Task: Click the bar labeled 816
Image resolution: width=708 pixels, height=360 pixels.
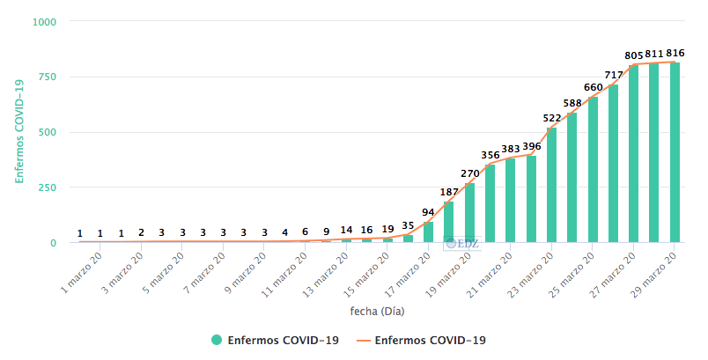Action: [x=675, y=152]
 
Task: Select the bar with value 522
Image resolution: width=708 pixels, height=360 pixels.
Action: [x=551, y=185]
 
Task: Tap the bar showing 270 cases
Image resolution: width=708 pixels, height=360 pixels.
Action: [x=469, y=212]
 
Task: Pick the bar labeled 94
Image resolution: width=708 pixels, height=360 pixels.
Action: [x=429, y=232]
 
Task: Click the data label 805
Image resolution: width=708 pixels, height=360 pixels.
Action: [x=634, y=55]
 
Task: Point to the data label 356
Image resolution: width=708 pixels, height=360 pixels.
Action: [x=490, y=155]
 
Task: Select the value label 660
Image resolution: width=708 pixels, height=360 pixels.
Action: [x=594, y=87]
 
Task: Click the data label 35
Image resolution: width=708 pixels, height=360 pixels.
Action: [x=408, y=225]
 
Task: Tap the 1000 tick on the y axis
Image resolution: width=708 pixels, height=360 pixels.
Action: [x=43, y=22]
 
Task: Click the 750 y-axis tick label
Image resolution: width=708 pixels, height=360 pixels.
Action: [x=47, y=77]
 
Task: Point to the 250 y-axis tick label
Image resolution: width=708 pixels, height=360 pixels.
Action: [x=47, y=187]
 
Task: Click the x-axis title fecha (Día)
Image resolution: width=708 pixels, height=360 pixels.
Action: [x=377, y=311]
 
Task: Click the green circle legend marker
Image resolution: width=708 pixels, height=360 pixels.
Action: [x=217, y=340]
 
